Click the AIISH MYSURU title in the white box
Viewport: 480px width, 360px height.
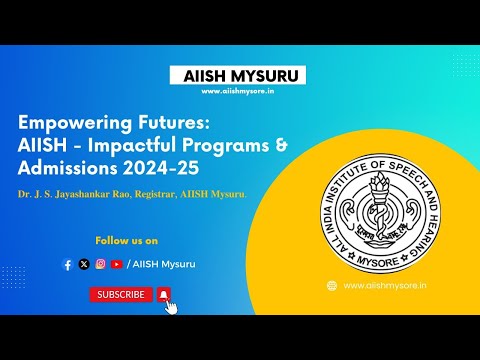point(239,76)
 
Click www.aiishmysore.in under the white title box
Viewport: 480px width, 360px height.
point(239,92)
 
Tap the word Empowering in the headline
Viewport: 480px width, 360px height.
point(74,122)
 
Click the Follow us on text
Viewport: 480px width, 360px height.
point(126,241)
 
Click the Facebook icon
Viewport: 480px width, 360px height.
point(68,264)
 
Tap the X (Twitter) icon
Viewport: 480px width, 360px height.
point(84,264)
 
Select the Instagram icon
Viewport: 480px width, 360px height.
point(100,264)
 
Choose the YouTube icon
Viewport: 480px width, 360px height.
point(116,264)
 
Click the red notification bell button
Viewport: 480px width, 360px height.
point(163,294)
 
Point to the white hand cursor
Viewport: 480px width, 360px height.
point(171,306)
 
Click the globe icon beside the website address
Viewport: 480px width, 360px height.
point(331,285)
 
